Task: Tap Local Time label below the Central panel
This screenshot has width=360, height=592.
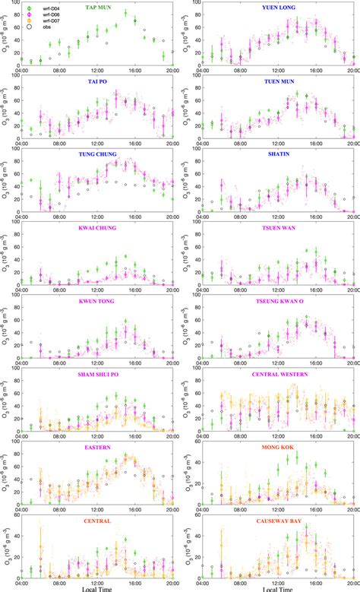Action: (98, 587)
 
